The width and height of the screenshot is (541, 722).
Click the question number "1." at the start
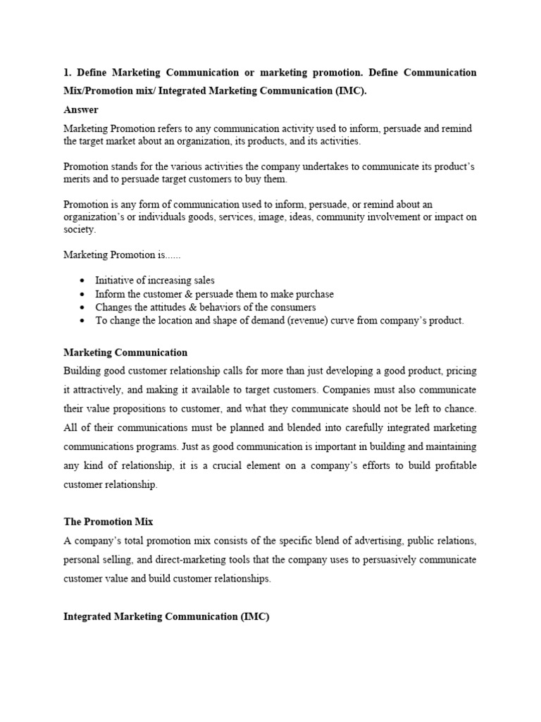tap(68, 73)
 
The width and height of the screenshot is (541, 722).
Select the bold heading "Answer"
tap(81, 110)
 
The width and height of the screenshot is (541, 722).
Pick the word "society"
tap(79, 230)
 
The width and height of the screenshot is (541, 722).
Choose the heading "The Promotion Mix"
tap(108, 522)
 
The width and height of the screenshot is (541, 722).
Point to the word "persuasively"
tap(364, 560)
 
